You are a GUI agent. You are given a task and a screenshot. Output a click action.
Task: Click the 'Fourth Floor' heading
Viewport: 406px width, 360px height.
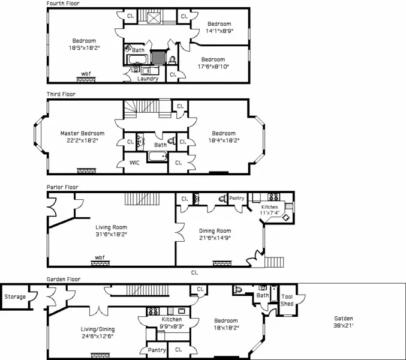pos(63,4)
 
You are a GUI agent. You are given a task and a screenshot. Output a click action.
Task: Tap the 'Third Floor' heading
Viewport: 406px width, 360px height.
pos(61,94)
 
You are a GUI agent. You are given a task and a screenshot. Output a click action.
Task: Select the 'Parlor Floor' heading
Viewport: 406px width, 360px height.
pos(62,187)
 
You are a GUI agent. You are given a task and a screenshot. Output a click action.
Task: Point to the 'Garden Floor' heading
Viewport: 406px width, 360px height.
pos(64,279)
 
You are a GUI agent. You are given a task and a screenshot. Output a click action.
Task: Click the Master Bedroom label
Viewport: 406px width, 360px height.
pos(82,133)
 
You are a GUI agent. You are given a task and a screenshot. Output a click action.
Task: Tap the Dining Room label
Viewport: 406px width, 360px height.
pos(215,230)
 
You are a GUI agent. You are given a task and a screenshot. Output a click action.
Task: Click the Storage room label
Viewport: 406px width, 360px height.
pos(15,296)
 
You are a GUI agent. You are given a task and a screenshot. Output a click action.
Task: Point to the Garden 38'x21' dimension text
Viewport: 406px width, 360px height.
pos(343,326)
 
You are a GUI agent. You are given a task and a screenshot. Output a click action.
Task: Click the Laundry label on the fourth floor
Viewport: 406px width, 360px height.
pos(148,79)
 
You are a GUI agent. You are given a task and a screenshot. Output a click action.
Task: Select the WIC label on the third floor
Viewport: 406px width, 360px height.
pos(135,163)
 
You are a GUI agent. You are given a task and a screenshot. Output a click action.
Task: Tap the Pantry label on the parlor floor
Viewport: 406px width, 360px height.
pos(237,198)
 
